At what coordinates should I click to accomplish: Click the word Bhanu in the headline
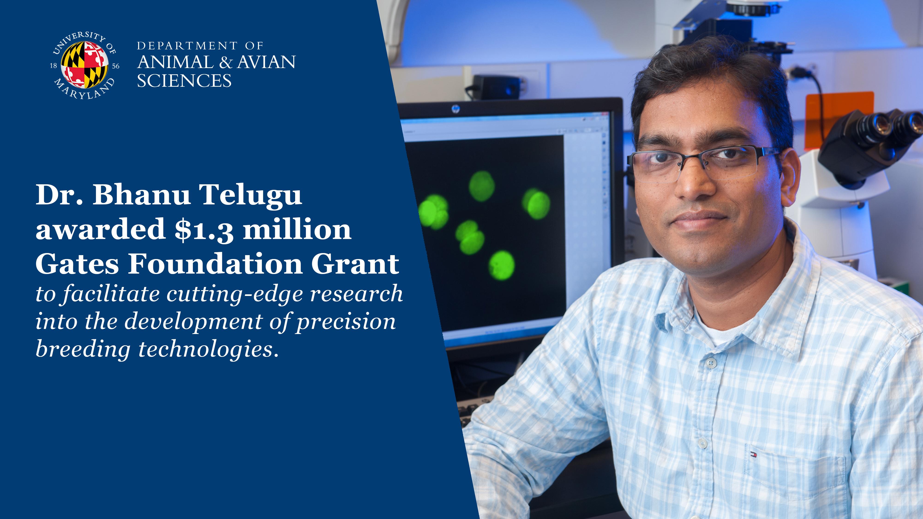[x=141, y=196]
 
